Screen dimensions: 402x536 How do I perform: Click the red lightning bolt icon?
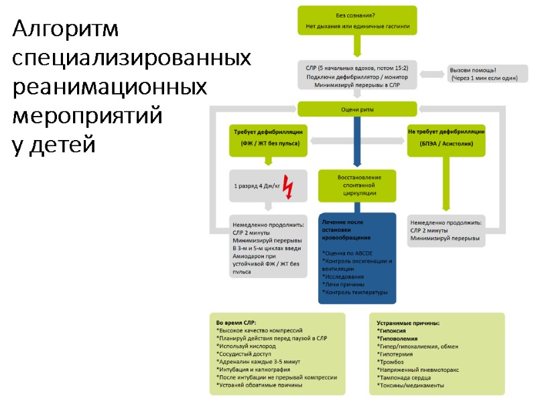288,187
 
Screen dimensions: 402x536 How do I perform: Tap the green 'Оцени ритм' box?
358,109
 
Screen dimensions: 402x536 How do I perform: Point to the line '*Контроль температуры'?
354,292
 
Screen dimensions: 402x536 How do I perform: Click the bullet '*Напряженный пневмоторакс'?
417,369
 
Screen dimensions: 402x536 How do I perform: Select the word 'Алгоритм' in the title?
66,29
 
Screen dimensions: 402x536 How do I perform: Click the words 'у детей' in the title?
54,143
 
